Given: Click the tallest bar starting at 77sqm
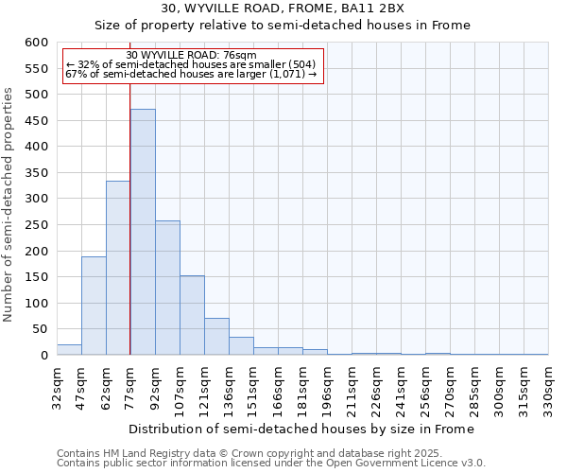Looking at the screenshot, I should pos(143,232).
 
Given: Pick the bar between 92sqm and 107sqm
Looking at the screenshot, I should pos(167,288).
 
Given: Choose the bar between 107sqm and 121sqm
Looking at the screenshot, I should pos(192,315).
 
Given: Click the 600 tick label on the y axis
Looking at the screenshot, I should pos(36,43).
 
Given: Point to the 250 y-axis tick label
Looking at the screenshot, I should pos(36,225).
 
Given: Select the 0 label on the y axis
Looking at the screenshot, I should pos(43,356).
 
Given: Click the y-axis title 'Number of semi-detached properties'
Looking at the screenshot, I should pos(9,204).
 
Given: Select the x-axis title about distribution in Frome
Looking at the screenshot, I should pos(301,429).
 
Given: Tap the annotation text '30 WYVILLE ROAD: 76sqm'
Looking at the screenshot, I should pos(191,56).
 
